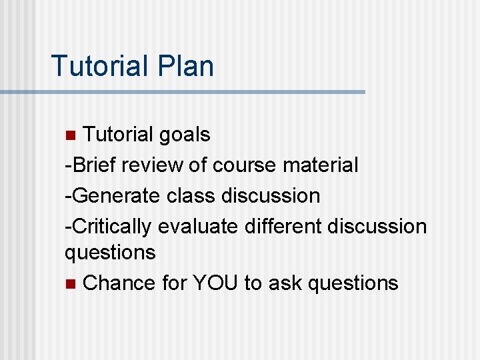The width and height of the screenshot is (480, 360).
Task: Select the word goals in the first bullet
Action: (x=185, y=135)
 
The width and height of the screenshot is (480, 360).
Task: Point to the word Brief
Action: (x=90, y=165)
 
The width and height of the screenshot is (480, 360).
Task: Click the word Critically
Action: (x=111, y=226)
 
